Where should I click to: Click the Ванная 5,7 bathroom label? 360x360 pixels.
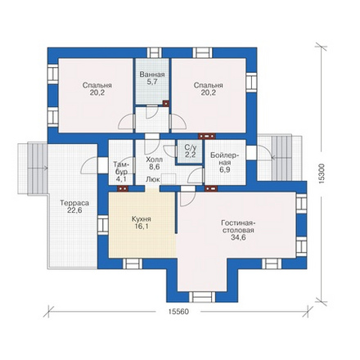click(x=152, y=78)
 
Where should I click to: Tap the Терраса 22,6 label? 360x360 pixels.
click(x=74, y=206)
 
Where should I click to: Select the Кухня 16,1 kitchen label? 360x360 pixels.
click(x=142, y=223)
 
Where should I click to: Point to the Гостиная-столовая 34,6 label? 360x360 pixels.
click(x=238, y=230)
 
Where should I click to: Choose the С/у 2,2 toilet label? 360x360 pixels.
click(x=190, y=151)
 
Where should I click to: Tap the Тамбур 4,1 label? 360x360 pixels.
click(x=120, y=172)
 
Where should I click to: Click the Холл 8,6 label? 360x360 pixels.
click(x=155, y=163)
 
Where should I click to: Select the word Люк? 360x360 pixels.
click(x=153, y=179)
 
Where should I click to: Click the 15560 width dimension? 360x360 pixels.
click(x=178, y=312)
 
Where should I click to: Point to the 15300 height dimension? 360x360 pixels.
click(x=322, y=173)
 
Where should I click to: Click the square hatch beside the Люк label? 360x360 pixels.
click(x=169, y=179)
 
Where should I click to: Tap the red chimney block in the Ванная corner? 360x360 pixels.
click(x=166, y=103)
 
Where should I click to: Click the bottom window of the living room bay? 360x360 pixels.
click(x=202, y=297)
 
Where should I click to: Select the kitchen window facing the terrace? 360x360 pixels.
click(x=103, y=225)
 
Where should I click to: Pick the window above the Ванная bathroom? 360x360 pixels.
click(x=155, y=53)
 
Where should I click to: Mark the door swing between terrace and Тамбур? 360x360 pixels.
click(x=89, y=165)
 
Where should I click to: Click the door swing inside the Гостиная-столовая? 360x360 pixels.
click(x=187, y=199)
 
